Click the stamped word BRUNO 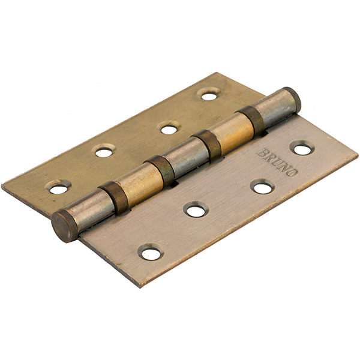pyautogui.click(x=278, y=162)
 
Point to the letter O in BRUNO pyautogui.click(x=293, y=172)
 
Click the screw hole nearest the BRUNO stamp pyautogui.click(x=302, y=149)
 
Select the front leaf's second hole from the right pyautogui.click(x=263, y=188)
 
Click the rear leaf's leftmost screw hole pyautogui.click(x=58, y=189)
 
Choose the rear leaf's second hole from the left pyautogui.click(x=104, y=152)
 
